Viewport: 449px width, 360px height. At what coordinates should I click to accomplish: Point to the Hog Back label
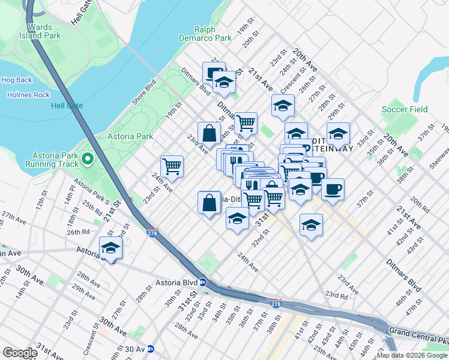(x=16, y=80)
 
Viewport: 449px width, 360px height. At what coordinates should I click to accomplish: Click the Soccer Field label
(x=405, y=110)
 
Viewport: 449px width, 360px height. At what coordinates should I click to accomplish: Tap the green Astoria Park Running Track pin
(x=88, y=159)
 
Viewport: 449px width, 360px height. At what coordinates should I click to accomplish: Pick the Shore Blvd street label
(x=144, y=92)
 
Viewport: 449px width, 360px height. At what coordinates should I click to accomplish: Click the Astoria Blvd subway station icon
(x=203, y=282)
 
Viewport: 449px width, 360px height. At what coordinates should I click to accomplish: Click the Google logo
(x=20, y=353)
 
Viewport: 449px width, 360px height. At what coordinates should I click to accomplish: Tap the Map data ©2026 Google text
(x=412, y=355)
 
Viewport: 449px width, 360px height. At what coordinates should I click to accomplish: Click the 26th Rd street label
(x=78, y=232)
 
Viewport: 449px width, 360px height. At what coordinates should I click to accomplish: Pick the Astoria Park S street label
(x=91, y=191)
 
